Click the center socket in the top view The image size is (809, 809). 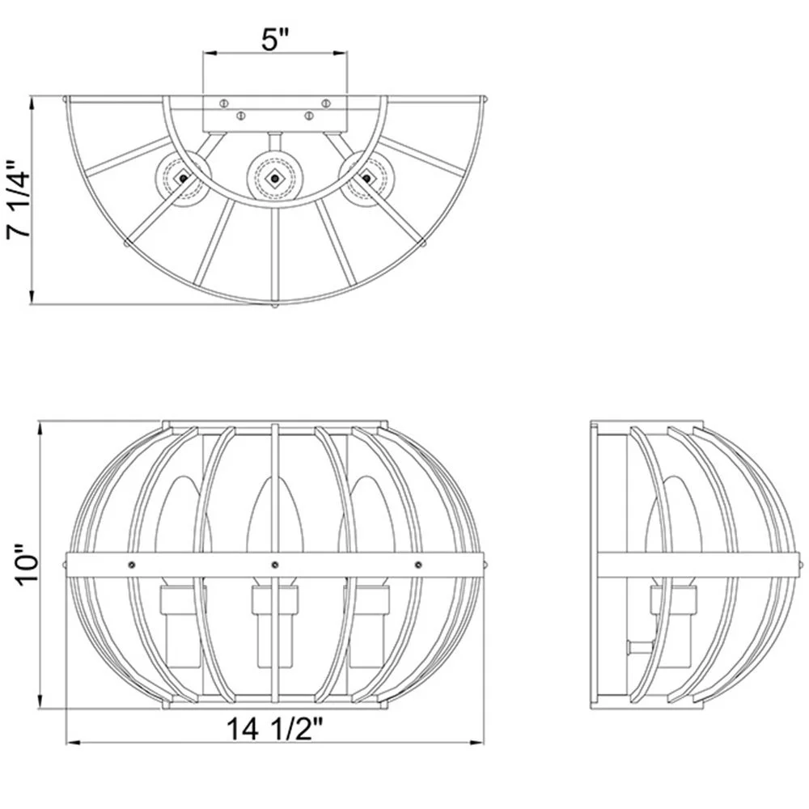[275, 176]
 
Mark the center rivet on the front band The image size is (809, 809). [275, 563]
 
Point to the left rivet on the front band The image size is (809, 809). [130, 563]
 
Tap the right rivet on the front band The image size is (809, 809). [418, 563]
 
